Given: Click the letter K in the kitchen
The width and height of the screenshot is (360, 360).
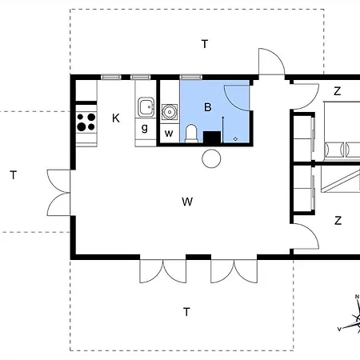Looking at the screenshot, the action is (x=116, y=118).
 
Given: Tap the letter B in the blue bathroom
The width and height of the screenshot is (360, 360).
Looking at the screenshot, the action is (x=208, y=107).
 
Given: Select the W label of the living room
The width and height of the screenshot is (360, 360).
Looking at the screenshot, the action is (x=187, y=202).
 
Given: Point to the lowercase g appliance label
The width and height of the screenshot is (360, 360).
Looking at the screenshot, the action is (x=145, y=128).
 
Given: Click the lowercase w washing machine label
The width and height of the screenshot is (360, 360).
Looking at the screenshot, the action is (x=169, y=134).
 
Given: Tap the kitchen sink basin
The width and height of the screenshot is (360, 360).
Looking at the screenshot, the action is (x=146, y=107).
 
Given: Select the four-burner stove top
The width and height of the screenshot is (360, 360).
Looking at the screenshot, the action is (x=86, y=122).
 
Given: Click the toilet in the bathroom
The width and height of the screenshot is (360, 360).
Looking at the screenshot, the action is (x=191, y=133).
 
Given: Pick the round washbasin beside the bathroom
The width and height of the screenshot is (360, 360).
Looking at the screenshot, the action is (x=170, y=112).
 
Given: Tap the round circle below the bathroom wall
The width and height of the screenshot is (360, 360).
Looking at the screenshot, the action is (x=211, y=158).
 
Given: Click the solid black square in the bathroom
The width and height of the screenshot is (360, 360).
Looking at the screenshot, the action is (x=212, y=137).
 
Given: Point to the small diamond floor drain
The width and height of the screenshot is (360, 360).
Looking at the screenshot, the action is (x=235, y=138).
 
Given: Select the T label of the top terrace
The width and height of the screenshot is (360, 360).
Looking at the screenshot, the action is (x=205, y=44).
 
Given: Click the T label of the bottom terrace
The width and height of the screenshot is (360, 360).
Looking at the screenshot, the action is (x=186, y=312).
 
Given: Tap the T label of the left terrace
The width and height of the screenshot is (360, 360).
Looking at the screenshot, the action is (x=14, y=175).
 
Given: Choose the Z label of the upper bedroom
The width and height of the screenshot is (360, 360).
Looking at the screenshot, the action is (x=338, y=91).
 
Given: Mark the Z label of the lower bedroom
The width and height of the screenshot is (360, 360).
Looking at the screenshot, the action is (x=338, y=221).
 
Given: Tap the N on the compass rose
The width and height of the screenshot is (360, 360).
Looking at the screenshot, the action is (x=357, y=297).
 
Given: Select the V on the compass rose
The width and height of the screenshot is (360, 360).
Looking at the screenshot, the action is (x=339, y=329).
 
